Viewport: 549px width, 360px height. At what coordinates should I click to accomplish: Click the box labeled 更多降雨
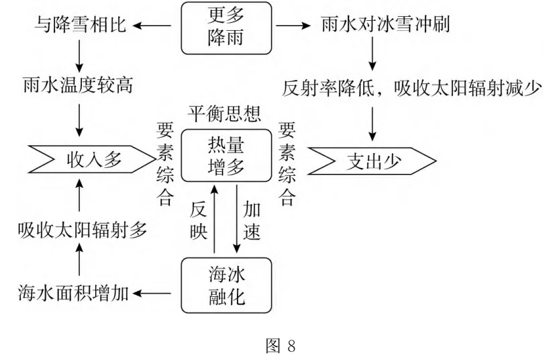[226, 27]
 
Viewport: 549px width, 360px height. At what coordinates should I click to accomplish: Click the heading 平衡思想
[226, 114]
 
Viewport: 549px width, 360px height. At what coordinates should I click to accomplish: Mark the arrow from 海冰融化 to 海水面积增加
[155, 292]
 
